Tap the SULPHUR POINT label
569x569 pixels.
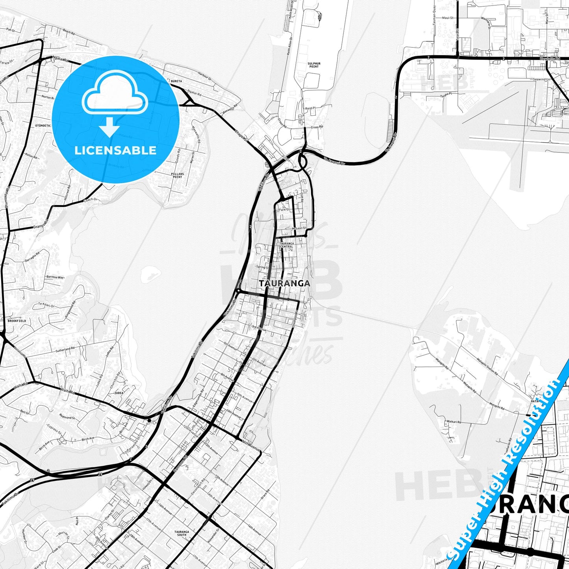(314, 65)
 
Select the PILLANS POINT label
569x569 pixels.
(178, 175)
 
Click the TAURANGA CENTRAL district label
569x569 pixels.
(287, 245)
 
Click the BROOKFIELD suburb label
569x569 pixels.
(17, 321)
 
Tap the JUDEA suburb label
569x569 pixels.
(119, 393)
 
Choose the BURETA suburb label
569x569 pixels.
(176, 81)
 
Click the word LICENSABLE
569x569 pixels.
(115, 150)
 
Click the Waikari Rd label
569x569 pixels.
(454, 422)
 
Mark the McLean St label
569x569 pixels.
(299, 228)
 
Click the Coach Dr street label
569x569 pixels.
(90, 200)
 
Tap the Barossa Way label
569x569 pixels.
(55, 277)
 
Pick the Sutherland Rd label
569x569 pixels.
(65, 349)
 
